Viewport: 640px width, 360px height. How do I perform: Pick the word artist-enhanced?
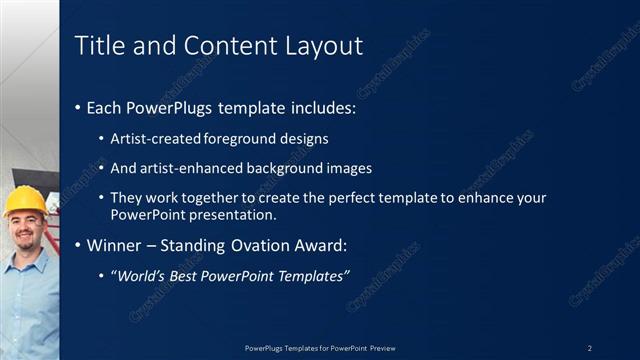click(x=184, y=168)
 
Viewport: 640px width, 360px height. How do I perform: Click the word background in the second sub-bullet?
click(x=284, y=168)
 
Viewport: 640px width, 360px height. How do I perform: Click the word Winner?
click(x=114, y=245)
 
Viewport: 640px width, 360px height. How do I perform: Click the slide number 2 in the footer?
click(x=589, y=348)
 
